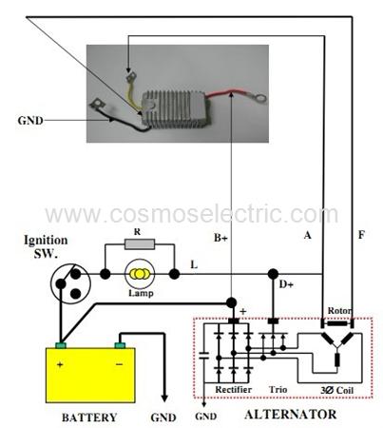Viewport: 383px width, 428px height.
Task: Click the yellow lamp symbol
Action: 140,274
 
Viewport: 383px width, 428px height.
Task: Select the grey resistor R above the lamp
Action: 140,244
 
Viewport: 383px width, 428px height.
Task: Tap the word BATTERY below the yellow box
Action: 89,418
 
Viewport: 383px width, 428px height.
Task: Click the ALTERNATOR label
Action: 291,415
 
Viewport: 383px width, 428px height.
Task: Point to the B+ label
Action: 220,238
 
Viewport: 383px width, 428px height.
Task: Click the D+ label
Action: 286,284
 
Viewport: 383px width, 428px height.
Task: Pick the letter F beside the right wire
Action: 361,235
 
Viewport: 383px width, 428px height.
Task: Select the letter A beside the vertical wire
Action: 307,235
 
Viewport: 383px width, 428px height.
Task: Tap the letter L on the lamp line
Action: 194,264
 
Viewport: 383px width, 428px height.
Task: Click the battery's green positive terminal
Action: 61,345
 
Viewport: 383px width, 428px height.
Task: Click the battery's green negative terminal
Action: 120,345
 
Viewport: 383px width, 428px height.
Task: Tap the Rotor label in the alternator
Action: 339,310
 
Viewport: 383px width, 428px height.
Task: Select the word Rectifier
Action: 234,389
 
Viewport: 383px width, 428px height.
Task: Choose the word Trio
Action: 278,389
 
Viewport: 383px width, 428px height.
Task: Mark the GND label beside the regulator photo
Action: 30,121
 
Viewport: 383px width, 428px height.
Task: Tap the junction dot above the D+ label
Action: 273,274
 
